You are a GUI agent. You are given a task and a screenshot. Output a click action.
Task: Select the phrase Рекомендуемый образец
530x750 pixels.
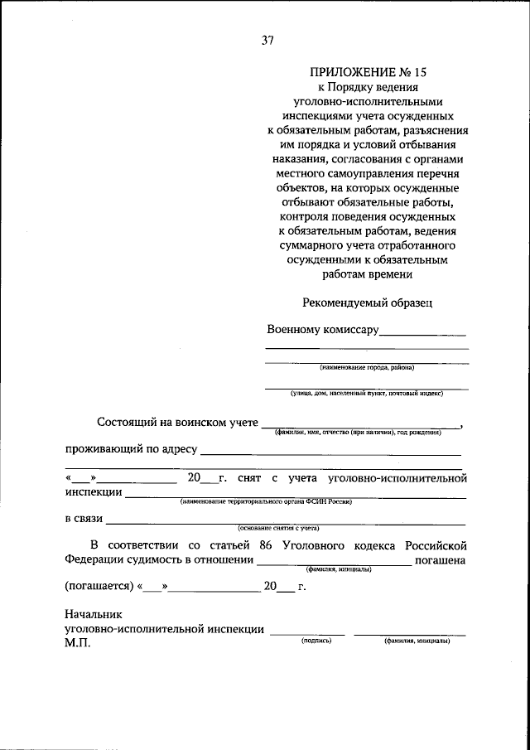pos(367,303)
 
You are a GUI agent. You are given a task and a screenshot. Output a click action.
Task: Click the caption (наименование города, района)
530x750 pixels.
pos(367,367)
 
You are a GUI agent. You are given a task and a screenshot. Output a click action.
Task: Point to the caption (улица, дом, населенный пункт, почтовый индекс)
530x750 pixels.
pos(367,394)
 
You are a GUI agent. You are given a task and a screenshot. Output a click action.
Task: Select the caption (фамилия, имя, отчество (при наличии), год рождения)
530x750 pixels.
pos(367,433)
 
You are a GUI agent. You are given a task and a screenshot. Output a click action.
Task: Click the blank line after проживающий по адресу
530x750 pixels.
pos(330,451)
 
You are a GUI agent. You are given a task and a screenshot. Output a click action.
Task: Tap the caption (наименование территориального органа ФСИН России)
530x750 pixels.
pos(261,501)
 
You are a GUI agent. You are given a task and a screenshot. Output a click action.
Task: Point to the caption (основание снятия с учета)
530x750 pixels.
pos(278,528)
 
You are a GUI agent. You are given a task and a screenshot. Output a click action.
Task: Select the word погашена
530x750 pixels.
pos(442,560)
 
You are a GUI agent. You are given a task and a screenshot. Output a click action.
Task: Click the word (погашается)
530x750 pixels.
pos(99,586)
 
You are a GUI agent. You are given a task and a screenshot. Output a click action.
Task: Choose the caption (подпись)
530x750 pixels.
pos(316,641)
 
